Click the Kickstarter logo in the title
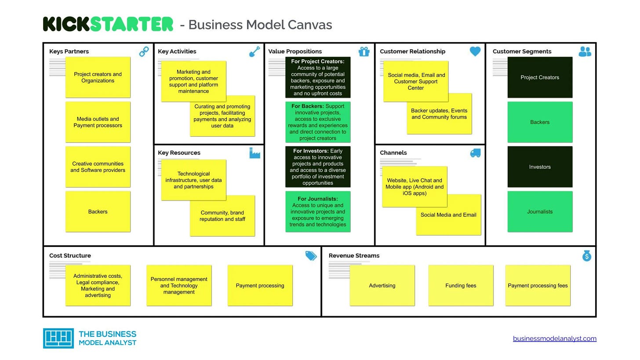tap(108, 24)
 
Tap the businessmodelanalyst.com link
tap(554, 338)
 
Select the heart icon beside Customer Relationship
tap(475, 51)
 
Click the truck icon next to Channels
tap(475, 153)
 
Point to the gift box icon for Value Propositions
tap(364, 51)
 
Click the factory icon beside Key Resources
tap(255, 153)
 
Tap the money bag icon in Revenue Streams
tap(587, 255)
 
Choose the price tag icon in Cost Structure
tap(311, 256)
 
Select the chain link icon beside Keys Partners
tap(144, 52)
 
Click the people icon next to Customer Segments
tap(585, 52)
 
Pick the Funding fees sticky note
tap(461, 285)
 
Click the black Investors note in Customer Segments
tap(540, 167)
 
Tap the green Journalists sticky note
tap(540, 211)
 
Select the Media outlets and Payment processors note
tap(98, 122)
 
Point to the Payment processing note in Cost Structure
tap(260, 285)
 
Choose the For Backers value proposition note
tap(318, 122)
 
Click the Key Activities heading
tap(177, 51)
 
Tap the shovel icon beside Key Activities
tap(255, 52)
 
